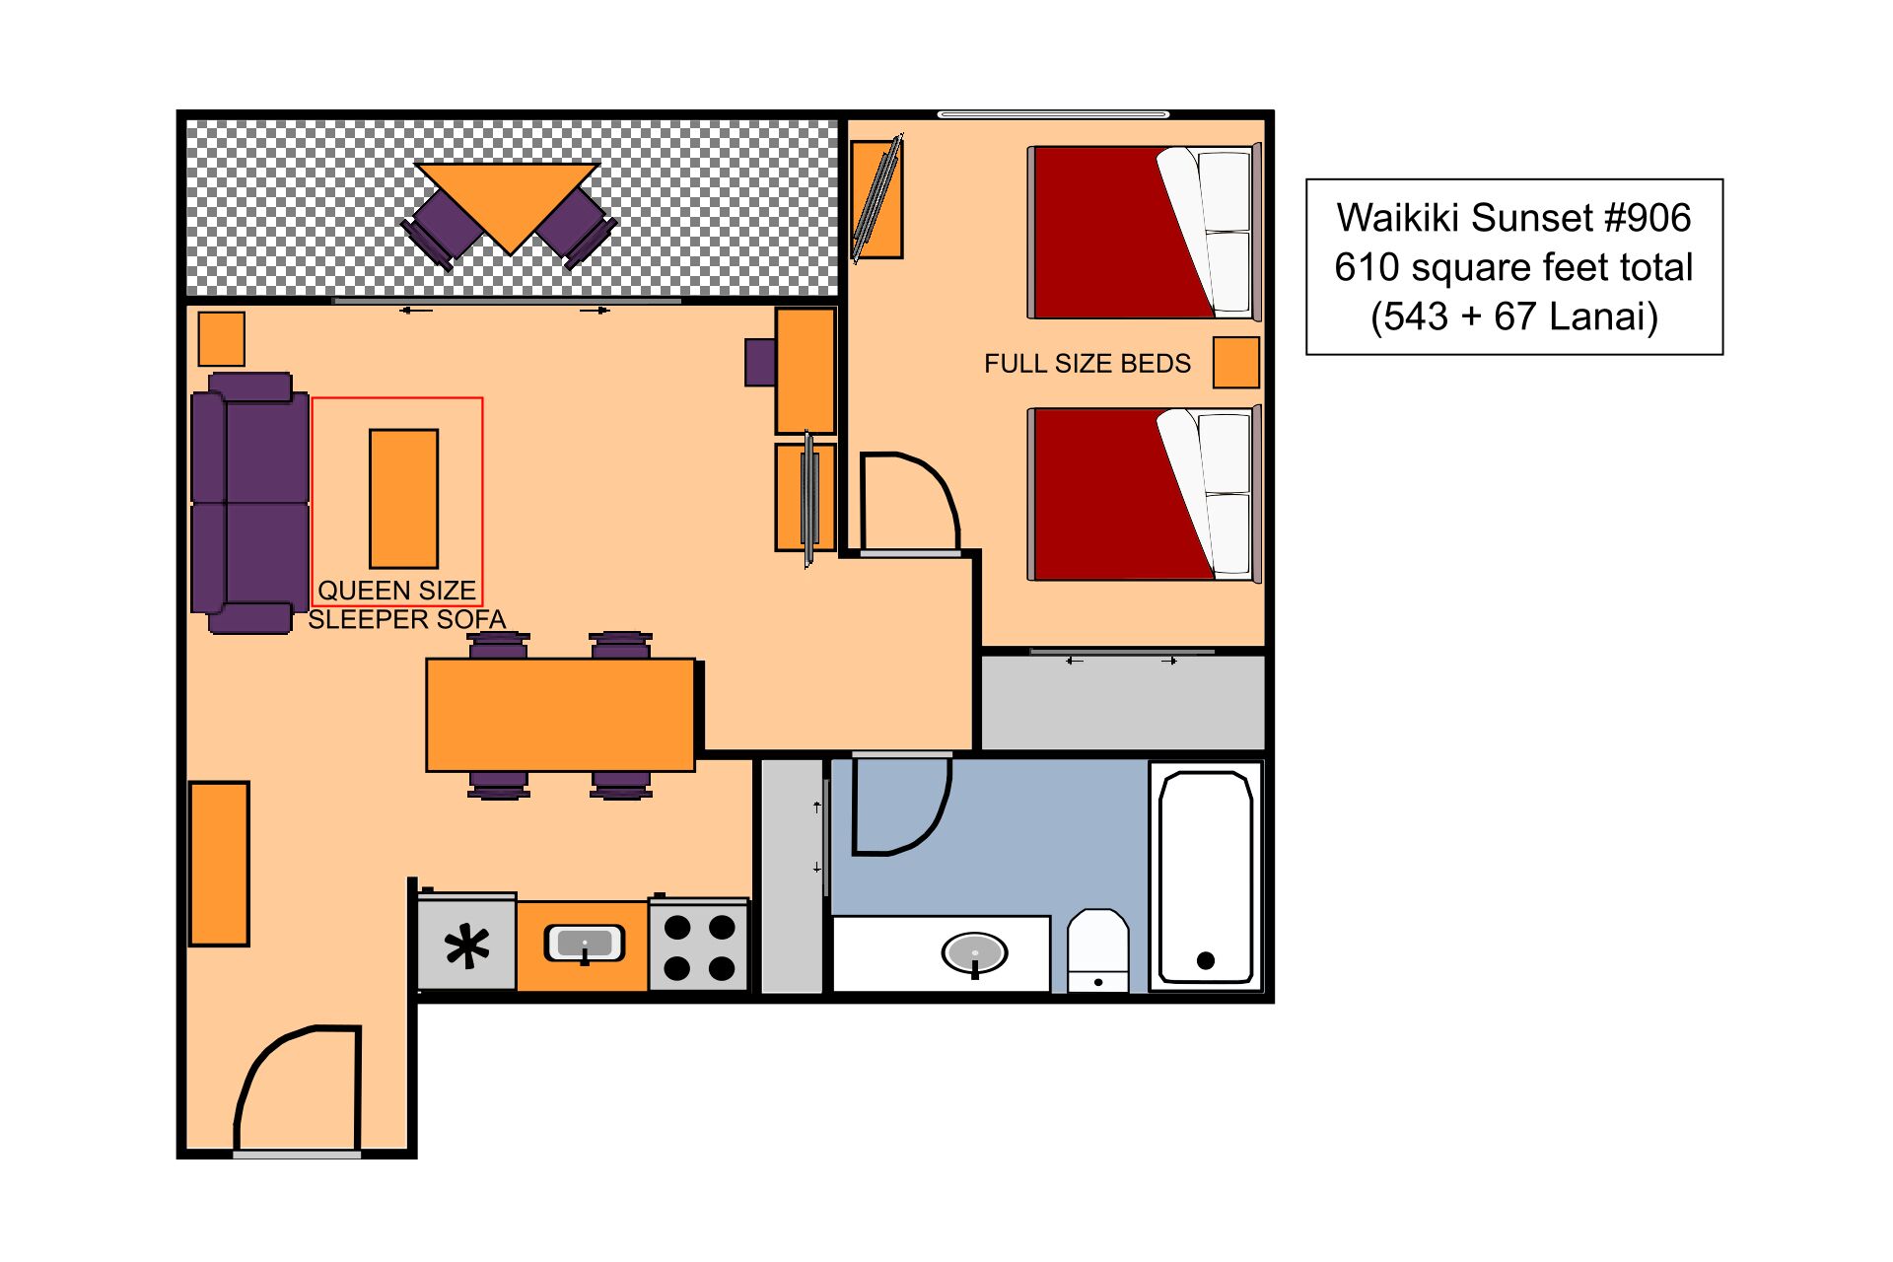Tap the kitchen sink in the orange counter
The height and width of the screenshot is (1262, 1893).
584,945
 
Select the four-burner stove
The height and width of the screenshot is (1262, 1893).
698,946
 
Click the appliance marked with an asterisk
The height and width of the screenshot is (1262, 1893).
466,946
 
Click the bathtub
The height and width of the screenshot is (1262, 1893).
1205,876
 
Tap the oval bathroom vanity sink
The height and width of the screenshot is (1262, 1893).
974,953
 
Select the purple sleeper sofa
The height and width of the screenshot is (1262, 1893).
248,503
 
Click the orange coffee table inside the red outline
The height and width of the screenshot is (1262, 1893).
403,498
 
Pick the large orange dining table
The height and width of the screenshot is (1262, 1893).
560,715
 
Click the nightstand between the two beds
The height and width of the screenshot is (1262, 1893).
1235,362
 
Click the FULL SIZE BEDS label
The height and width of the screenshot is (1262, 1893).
1087,364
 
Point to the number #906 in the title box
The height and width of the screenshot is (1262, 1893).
1647,218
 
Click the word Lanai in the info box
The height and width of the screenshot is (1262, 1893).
1602,317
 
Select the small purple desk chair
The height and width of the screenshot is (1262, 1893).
759,362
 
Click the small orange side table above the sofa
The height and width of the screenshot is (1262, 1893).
221,338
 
